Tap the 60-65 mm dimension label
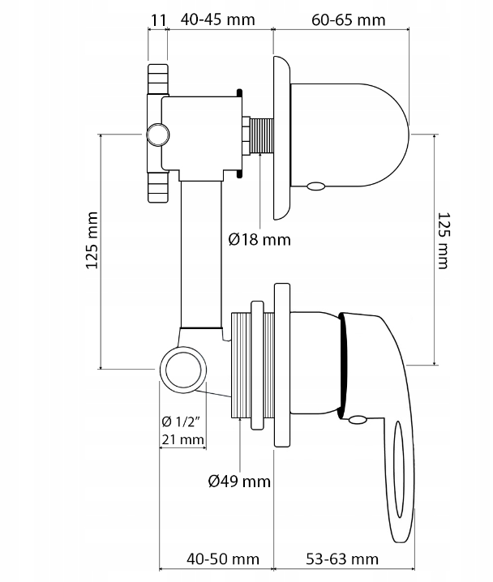[x=349, y=17]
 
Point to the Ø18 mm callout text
[x=259, y=239]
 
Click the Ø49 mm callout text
[x=238, y=481]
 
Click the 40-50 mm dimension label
[x=222, y=558]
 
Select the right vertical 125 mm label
[x=443, y=240]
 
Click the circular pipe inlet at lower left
[x=182, y=370]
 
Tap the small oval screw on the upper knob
[x=315, y=186]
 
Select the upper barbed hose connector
[x=157, y=79]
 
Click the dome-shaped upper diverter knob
[x=349, y=134]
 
